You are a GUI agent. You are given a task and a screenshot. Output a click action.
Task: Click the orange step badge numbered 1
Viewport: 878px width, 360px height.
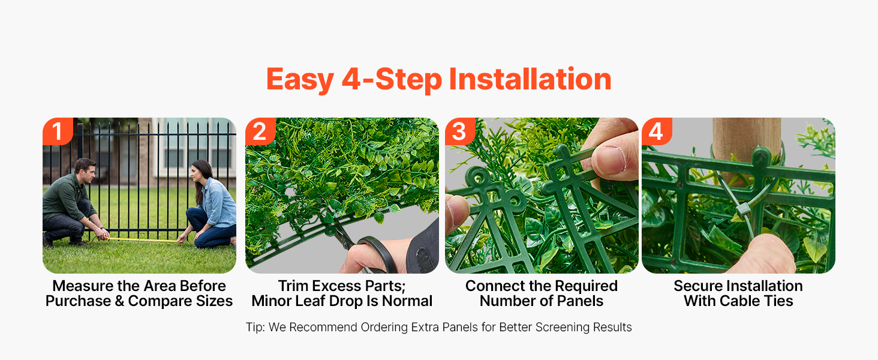58,131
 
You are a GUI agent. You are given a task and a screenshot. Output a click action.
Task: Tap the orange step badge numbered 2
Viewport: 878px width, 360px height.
260,131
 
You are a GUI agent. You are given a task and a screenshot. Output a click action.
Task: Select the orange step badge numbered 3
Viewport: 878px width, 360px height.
460,131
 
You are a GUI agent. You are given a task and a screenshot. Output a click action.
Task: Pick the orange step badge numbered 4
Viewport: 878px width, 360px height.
657,131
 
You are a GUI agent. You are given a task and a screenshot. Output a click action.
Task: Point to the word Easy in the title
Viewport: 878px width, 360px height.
300,80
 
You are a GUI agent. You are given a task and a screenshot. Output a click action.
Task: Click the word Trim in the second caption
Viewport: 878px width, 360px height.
294,286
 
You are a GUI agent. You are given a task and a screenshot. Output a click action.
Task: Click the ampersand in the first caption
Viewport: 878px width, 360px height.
119,301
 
